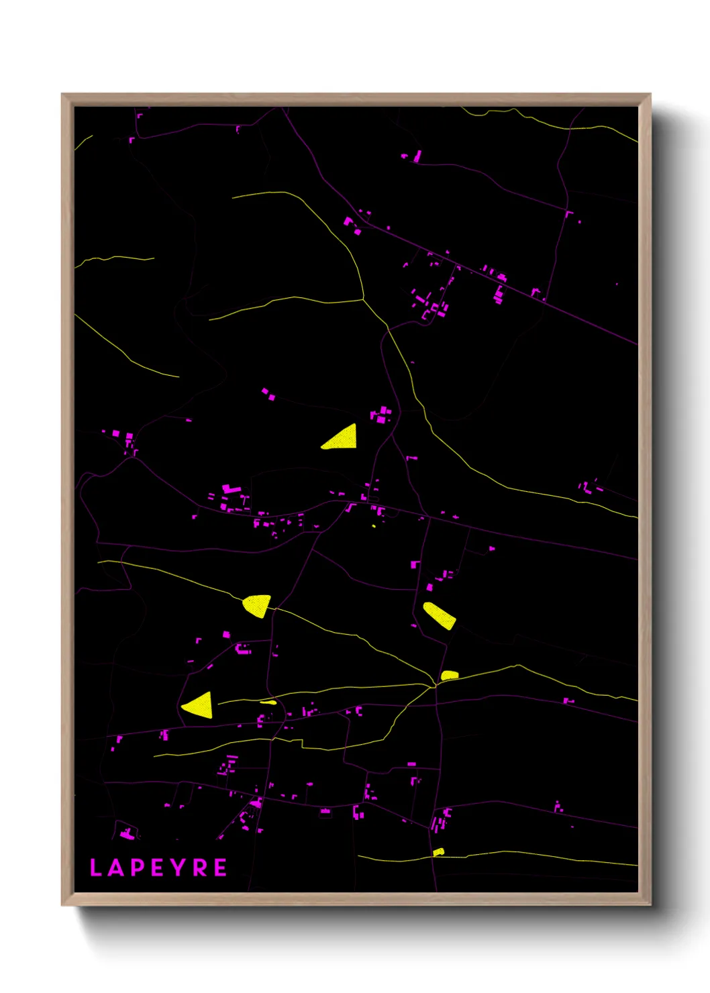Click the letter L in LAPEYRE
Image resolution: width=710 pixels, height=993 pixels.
pos(95,868)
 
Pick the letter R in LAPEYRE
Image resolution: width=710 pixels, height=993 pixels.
pos(199,868)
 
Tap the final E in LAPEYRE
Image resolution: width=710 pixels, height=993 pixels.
pos(220,868)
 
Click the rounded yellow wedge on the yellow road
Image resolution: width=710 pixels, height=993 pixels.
pos(257,605)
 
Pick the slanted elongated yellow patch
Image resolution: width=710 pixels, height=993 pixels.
pos(439,615)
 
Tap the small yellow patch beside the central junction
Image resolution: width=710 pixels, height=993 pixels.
pos(449,675)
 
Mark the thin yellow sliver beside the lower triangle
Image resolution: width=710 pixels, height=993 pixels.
pos(268,702)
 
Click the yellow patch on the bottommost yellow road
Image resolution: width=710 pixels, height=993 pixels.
pos(438,852)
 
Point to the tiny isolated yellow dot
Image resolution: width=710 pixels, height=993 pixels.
pos(374,526)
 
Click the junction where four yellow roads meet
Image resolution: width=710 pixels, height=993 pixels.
pos(434,686)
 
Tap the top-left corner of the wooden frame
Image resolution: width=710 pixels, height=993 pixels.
pos(62,95)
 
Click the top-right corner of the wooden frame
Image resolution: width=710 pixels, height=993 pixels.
pos(650,95)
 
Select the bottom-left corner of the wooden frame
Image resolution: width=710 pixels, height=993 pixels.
pos(62,904)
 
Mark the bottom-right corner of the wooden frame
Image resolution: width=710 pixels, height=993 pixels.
pos(650,904)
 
